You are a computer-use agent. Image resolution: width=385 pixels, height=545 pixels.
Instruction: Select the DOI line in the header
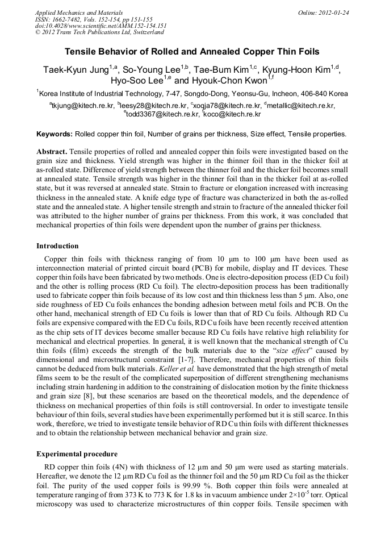(101, 26)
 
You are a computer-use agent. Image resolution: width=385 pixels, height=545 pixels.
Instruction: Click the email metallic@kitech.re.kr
(301, 105)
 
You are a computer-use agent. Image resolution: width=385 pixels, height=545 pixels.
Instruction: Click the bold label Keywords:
(55, 134)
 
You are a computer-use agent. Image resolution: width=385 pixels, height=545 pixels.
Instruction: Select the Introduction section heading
(57, 246)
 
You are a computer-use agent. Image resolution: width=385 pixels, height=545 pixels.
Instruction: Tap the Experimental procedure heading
(77, 454)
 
